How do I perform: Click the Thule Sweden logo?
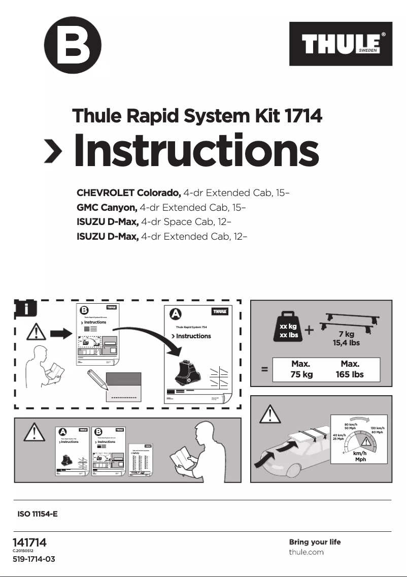(341, 44)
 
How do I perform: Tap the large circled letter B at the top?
(73, 45)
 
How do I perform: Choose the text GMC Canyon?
(107, 208)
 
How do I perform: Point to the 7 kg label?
(346, 335)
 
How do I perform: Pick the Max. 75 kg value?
(301, 370)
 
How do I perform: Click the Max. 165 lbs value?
(350, 370)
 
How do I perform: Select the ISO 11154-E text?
(38, 514)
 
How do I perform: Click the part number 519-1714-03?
(33, 559)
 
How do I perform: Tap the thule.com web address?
(306, 552)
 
